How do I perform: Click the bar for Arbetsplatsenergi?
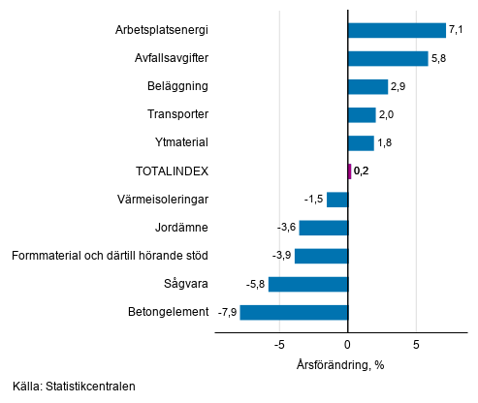397,30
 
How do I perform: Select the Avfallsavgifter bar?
388,58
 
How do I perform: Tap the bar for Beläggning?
367,86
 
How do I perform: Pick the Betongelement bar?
294,312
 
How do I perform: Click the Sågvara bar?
308,284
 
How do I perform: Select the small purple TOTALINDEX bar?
349,171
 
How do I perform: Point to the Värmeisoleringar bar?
337,200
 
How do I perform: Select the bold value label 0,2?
363,171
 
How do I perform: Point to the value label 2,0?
388,115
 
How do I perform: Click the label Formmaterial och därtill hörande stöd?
111,256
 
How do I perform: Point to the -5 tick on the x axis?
279,345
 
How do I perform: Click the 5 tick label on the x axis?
416,345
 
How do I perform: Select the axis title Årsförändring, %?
340,364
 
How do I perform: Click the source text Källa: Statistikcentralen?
75,387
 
